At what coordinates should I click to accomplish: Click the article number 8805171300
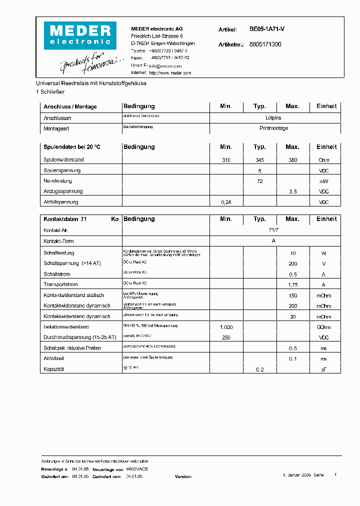click(x=265, y=44)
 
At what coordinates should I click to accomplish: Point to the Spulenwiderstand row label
click(x=63, y=160)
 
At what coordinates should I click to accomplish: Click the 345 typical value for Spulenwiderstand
click(x=259, y=160)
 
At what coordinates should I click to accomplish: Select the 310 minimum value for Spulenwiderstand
click(x=226, y=160)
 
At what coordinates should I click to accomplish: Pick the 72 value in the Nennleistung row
click(x=259, y=181)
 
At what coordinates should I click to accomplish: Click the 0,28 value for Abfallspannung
click(x=226, y=202)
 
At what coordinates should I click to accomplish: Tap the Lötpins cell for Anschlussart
click(x=273, y=118)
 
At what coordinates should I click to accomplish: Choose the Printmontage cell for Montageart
click(x=273, y=128)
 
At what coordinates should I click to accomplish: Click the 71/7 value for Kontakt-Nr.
click(x=274, y=229)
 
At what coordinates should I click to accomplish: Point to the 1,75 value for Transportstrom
click(x=292, y=285)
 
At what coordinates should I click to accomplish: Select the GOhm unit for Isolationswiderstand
click(x=323, y=327)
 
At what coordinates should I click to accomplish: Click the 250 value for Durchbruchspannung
click(x=226, y=337)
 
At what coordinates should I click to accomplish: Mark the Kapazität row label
click(x=54, y=369)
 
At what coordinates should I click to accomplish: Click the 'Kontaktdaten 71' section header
click(x=65, y=219)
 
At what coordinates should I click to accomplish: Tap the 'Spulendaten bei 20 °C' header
click(x=71, y=147)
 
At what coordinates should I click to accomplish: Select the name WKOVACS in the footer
click(x=136, y=469)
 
